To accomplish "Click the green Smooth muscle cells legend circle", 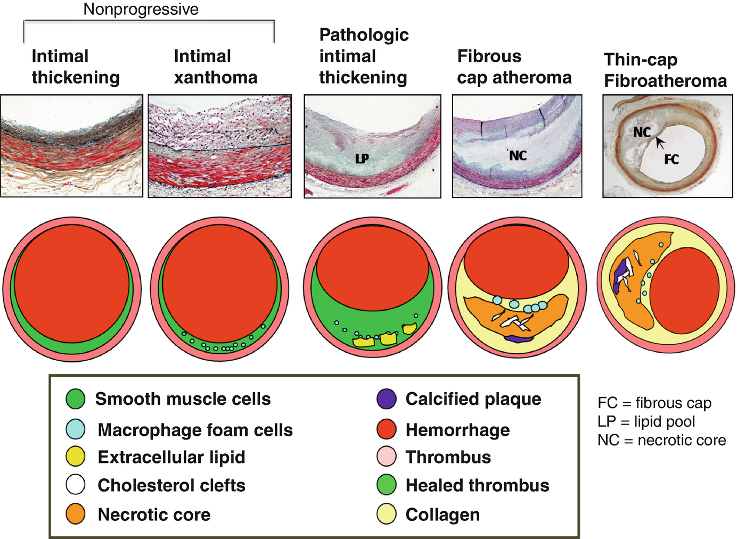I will [76, 399].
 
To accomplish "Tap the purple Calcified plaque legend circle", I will [386, 399].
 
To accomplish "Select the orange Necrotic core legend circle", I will [76, 515].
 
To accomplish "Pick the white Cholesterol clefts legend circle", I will [76, 485].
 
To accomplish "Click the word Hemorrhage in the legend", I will [457, 430].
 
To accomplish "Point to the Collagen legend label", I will [443, 515].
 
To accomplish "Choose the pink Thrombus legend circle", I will [386, 457].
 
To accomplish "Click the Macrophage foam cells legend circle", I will [76, 429].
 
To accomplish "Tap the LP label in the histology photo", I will [362, 158].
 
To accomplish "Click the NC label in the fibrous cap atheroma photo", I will [518, 155].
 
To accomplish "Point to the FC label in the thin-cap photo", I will [672, 159].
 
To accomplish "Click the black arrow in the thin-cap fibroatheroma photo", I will [660, 143].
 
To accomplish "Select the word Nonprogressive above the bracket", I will [141, 9].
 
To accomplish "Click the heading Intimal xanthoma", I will [215, 67].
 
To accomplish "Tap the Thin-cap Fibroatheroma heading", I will [665, 70].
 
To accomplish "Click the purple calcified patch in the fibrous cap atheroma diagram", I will [518, 338].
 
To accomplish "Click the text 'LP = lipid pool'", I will [646, 421].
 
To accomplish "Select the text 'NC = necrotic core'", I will [661, 440].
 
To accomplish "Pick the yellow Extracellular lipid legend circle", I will [76, 457].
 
